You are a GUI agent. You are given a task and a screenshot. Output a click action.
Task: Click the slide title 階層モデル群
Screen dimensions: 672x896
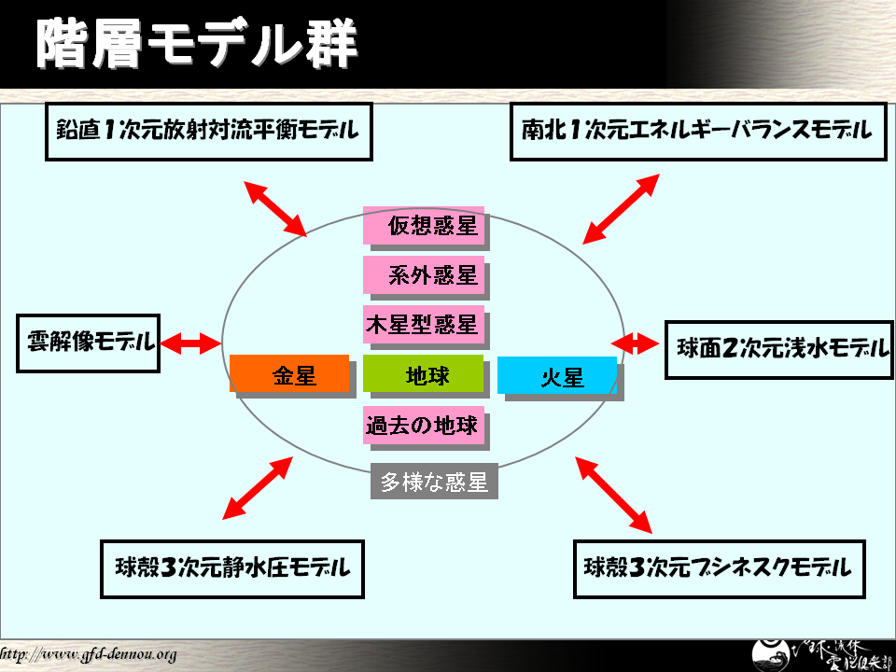[196, 44]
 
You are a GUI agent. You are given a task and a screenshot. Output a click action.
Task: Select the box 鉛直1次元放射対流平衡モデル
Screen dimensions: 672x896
[209, 132]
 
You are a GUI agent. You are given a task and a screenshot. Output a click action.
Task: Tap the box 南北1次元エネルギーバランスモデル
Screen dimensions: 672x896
[697, 132]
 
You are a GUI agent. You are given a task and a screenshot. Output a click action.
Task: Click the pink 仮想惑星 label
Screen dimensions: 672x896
[424, 225]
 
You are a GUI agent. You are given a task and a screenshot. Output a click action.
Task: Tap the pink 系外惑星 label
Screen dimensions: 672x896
[424, 275]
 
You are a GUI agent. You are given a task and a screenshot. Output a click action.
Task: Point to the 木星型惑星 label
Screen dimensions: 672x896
[422, 325]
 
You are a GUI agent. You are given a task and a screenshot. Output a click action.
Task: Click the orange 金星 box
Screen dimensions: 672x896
[289, 374]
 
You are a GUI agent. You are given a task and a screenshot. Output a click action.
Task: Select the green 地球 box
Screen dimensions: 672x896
[424, 374]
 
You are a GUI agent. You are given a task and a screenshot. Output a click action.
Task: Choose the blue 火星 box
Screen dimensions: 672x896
[557, 376]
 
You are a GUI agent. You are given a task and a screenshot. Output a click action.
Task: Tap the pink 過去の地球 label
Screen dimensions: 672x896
[422, 427]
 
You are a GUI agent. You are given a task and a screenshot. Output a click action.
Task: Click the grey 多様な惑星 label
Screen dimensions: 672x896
[434, 482]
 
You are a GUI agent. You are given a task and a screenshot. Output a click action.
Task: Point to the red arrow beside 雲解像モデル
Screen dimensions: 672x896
[190, 343]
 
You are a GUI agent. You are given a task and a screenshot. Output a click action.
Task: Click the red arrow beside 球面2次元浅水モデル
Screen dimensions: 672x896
[641, 343]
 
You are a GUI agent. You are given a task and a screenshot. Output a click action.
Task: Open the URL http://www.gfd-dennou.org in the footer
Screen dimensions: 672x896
[88, 654]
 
